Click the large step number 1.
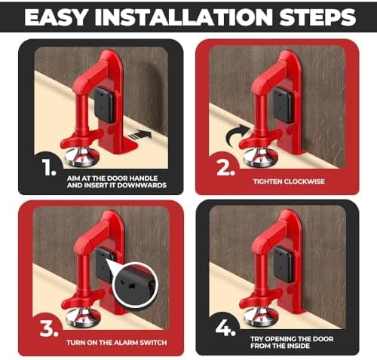pos(49,167)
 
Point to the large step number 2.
pos(225,167)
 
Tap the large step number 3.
pos(49,328)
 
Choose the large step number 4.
pos(225,328)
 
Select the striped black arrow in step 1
pos(140,135)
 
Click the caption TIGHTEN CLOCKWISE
pos(289,182)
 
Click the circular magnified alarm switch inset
pos(135,285)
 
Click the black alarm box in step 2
pos(284,105)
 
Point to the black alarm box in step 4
pos(284,265)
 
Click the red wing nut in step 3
pos(83,297)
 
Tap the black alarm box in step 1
pos(104,105)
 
